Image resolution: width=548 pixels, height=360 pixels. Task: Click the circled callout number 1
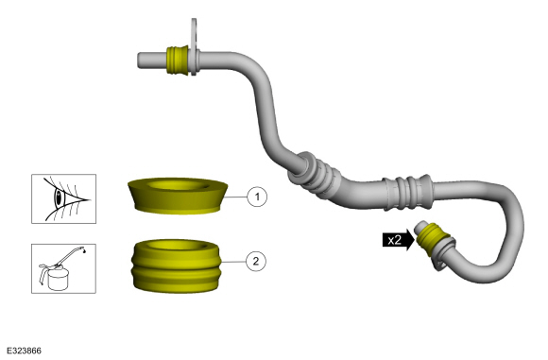257,197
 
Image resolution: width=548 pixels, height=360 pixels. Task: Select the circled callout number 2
256,261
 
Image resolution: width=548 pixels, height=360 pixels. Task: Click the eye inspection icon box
63,198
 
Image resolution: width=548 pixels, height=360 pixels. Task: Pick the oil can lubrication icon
63,268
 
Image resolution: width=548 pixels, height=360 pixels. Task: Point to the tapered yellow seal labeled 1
178,196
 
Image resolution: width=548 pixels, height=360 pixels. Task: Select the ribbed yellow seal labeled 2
176,266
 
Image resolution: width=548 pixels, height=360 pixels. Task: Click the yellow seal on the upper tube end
178,60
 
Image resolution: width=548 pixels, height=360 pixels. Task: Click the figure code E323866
25,351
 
